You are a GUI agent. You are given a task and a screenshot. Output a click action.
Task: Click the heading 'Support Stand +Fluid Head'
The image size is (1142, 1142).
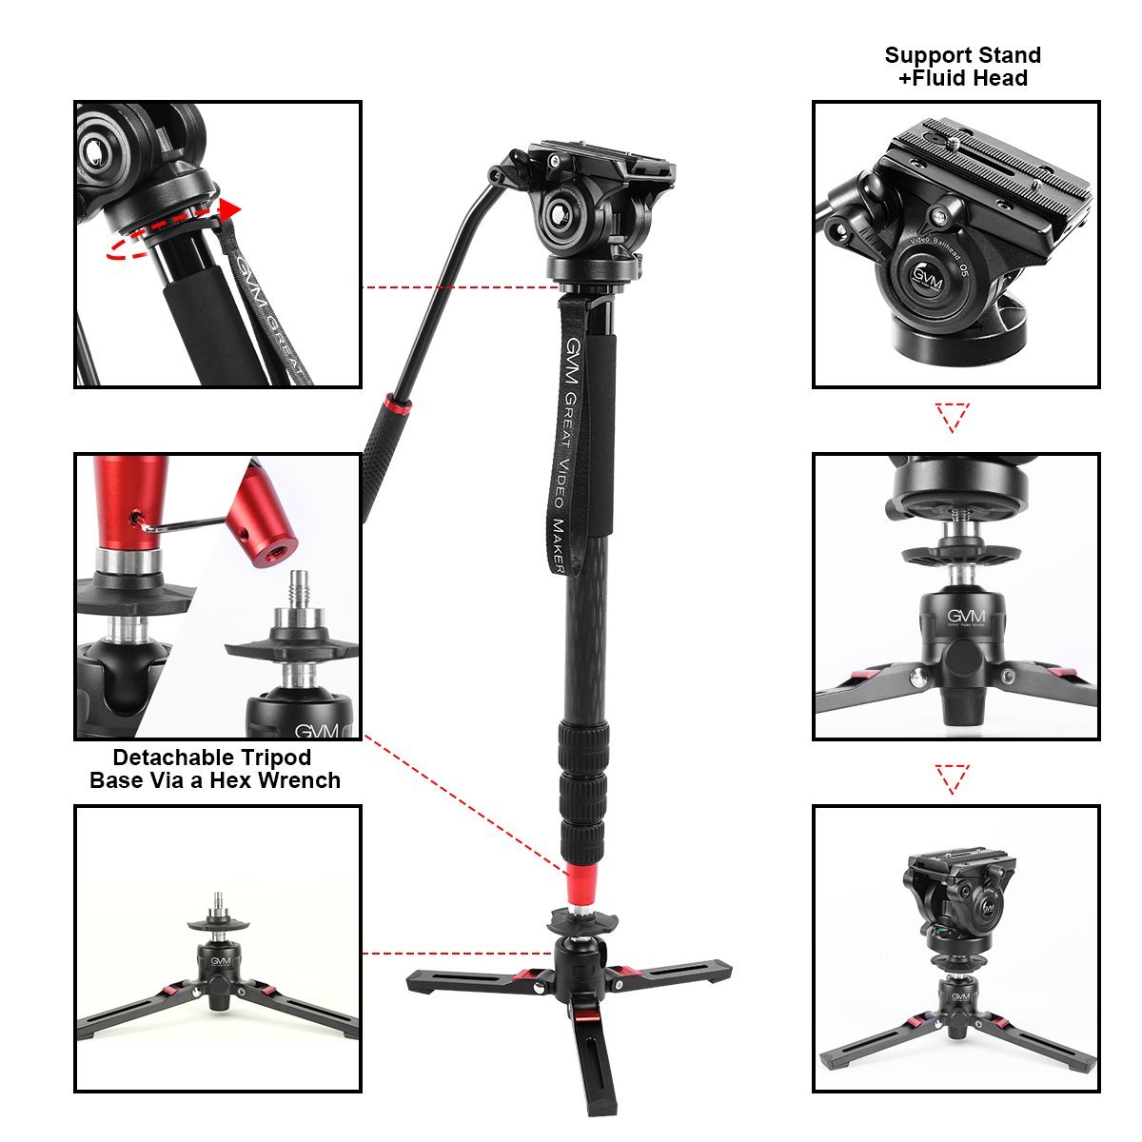[962, 67]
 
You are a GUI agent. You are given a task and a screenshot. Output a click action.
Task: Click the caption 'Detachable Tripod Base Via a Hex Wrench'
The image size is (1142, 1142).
[214, 769]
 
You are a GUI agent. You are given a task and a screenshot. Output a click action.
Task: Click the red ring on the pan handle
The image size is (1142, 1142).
[397, 407]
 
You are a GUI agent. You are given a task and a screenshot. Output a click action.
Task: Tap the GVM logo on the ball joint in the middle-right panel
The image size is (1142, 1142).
[965, 616]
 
